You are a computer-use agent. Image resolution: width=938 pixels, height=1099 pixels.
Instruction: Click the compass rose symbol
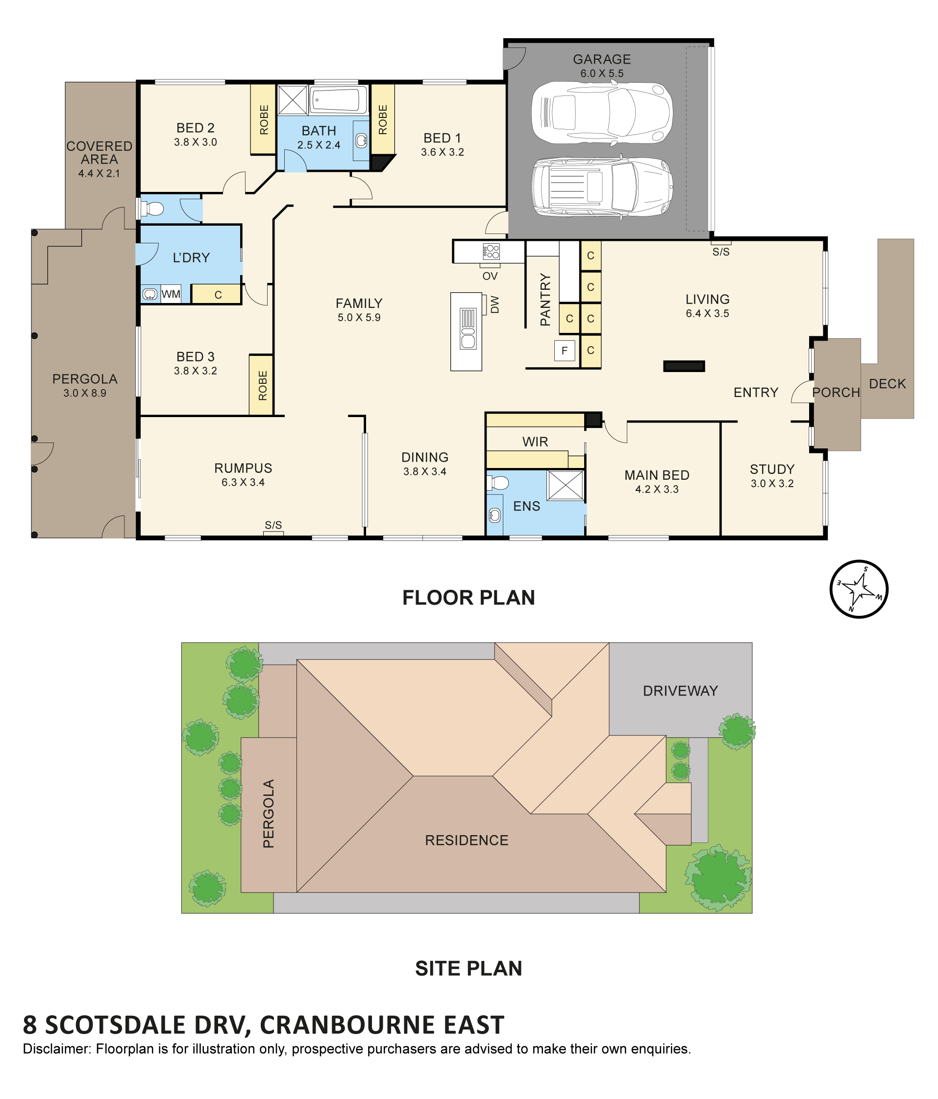pyautogui.click(x=859, y=589)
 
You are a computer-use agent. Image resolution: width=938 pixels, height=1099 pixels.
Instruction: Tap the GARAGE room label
pyautogui.click(x=601, y=59)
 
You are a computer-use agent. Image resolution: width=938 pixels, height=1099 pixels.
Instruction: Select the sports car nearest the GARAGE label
pyautogui.click(x=601, y=113)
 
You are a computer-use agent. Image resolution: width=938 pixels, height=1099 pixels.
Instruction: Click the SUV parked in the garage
pyautogui.click(x=602, y=187)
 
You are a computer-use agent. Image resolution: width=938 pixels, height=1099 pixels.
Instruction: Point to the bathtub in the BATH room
pyautogui.click(x=338, y=99)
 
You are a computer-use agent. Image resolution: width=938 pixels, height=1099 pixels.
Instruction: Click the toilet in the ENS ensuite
pyautogui.click(x=497, y=483)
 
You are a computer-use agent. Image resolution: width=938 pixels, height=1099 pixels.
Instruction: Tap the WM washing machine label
pyautogui.click(x=171, y=294)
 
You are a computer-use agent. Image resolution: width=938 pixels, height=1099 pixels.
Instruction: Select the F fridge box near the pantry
pyautogui.click(x=564, y=351)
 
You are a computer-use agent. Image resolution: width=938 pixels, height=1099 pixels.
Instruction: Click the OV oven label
pyautogui.click(x=490, y=276)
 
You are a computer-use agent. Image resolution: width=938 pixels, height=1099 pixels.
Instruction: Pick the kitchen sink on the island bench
pyautogui.click(x=468, y=328)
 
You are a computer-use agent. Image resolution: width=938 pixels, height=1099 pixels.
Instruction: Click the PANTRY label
pyautogui.click(x=545, y=299)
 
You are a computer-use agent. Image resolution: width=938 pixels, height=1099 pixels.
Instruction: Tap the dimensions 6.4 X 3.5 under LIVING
pyautogui.click(x=707, y=313)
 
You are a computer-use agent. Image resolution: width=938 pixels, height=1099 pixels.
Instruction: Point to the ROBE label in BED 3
pyautogui.click(x=263, y=385)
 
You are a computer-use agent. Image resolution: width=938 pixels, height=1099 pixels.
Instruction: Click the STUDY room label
pyautogui.click(x=772, y=469)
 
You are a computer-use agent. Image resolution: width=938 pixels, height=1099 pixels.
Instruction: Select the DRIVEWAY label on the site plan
pyautogui.click(x=680, y=691)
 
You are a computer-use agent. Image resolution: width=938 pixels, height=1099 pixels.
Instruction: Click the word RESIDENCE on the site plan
pyautogui.click(x=467, y=840)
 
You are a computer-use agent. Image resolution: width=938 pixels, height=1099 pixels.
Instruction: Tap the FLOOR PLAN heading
pyautogui.click(x=468, y=598)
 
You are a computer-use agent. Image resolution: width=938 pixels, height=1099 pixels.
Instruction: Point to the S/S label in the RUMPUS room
pyautogui.click(x=273, y=525)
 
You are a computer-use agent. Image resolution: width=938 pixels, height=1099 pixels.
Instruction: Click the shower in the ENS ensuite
pyautogui.click(x=565, y=485)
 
